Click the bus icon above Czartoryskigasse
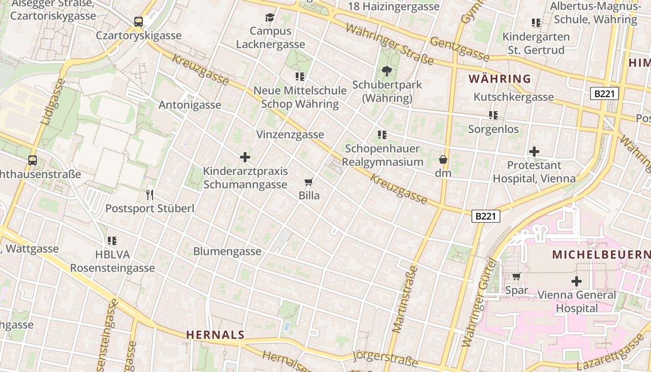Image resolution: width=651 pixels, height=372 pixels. [139, 21]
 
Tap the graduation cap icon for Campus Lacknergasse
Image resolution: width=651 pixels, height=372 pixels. [270, 18]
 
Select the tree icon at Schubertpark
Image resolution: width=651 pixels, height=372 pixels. [386, 71]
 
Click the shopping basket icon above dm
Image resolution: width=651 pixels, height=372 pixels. [443, 159]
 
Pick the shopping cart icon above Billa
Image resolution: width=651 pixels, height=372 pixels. [309, 182]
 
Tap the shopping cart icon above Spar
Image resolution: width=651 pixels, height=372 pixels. [516, 277]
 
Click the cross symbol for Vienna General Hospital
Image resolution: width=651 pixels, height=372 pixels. [577, 281]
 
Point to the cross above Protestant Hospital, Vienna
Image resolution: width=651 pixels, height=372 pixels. [534, 152]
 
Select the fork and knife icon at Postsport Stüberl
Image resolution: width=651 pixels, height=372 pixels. [149, 194]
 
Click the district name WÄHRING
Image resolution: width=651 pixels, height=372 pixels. [499, 79]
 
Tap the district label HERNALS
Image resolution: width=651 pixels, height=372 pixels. [215, 334]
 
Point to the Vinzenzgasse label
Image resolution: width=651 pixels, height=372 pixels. [290, 135]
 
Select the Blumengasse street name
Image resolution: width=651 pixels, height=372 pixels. [227, 252]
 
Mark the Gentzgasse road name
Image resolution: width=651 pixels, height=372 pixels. [459, 49]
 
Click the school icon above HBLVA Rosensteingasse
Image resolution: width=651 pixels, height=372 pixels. [112, 241]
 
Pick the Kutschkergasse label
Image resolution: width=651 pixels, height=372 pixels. [514, 97]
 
